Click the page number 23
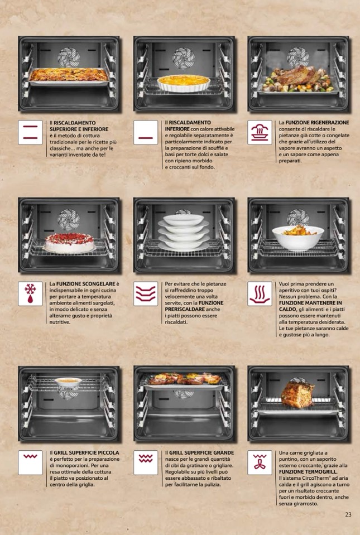[348, 514]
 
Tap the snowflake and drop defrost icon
[30, 293]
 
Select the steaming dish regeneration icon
[260, 132]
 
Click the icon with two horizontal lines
[30, 132]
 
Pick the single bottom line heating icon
[146, 132]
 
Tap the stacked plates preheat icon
[146, 293]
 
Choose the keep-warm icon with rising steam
[260, 293]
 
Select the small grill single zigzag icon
[30, 462]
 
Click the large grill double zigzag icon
[146, 462]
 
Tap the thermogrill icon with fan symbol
[260, 462]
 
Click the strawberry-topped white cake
[69, 243]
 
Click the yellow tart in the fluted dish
[184, 83]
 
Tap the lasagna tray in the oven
[69, 76]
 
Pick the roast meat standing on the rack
[297, 395]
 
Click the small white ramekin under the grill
[68, 382]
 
